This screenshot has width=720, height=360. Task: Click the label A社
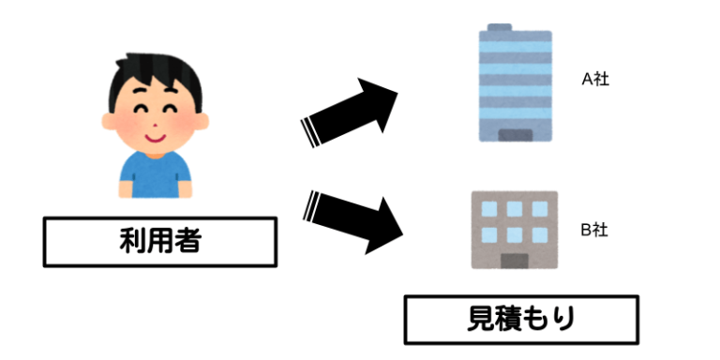click(x=595, y=80)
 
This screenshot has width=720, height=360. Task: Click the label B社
click(x=595, y=230)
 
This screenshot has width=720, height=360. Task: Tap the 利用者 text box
click(x=160, y=241)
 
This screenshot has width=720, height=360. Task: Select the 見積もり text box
click(x=521, y=320)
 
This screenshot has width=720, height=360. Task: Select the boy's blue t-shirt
click(x=156, y=174)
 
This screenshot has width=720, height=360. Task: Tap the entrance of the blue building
click(x=514, y=136)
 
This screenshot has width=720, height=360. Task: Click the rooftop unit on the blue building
click(x=500, y=28)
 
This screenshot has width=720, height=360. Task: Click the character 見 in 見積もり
click(x=479, y=320)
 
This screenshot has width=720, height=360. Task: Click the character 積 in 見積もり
click(x=507, y=320)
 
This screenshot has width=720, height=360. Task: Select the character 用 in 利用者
click(x=160, y=241)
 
